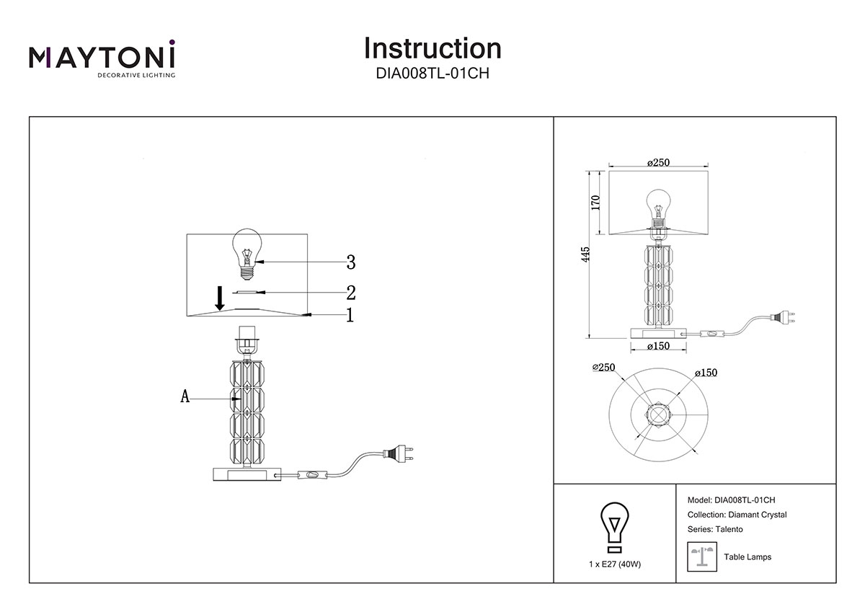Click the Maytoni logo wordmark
point(102,57)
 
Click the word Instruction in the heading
point(432,48)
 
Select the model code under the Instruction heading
point(432,73)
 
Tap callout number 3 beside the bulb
point(351,261)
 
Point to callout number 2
point(351,293)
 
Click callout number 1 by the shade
point(350,315)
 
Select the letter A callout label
point(185,396)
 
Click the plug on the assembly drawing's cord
point(398,453)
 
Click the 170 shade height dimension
point(595,202)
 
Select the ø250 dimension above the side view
point(658,163)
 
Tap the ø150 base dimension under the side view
point(658,347)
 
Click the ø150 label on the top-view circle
point(706,373)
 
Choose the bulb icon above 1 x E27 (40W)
point(614,524)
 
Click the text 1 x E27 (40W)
point(614,564)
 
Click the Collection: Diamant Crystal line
point(737,515)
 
